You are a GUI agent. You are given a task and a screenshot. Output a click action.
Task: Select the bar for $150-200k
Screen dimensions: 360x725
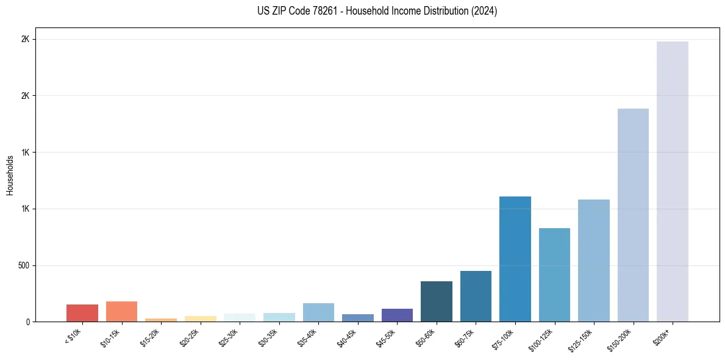click(x=633, y=215)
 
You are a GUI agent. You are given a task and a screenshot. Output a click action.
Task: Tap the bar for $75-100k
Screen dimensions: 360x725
click(x=515, y=259)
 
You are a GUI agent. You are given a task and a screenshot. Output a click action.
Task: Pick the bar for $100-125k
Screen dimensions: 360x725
click(x=554, y=275)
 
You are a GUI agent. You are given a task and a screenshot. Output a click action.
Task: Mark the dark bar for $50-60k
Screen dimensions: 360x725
click(x=436, y=301)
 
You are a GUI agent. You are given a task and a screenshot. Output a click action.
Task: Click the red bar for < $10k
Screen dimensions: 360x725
click(x=82, y=313)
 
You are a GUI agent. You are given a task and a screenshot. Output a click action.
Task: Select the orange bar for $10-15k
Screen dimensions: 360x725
click(x=121, y=311)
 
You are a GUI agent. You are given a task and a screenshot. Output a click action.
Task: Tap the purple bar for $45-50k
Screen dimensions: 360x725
click(x=397, y=315)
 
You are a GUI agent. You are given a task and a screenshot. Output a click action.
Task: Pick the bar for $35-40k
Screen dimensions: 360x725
click(x=318, y=312)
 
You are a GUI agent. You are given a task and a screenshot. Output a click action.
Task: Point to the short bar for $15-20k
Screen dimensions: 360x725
click(x=161, y=320)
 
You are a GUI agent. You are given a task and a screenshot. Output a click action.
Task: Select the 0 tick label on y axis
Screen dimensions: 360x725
click(x=27, y=322)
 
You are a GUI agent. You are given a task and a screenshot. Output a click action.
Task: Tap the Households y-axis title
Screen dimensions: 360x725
click(x=10, y=175)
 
